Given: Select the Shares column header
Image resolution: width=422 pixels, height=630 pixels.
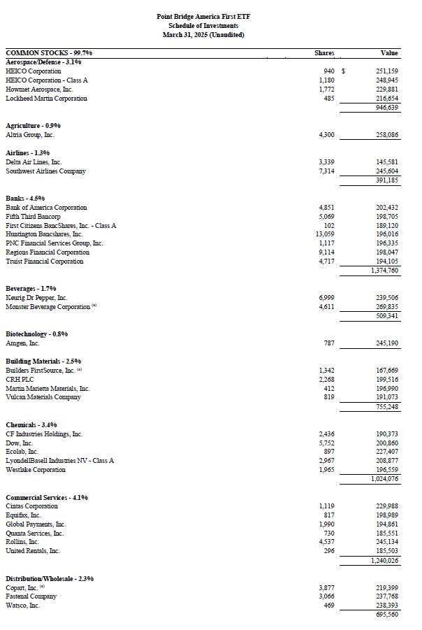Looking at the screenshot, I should [x=324, y=53].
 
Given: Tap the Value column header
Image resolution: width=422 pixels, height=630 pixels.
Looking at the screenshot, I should [x=389, y=53].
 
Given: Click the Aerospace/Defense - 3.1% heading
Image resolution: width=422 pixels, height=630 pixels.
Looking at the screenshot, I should [x=38, y=62].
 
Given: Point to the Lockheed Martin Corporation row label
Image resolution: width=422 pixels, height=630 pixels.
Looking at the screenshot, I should [x=46, y=99].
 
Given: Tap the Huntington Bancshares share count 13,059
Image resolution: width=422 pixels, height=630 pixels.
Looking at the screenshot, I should [x=325, y=234].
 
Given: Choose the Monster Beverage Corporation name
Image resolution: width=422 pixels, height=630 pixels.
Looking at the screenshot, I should [x=48, y=307].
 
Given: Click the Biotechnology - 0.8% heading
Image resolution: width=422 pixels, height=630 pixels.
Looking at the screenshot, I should [x=37, y=334].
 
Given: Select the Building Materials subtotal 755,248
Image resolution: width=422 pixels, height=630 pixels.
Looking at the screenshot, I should [x=386, y=407].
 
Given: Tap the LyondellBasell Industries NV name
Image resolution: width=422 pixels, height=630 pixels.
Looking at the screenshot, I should [x=59, y=461].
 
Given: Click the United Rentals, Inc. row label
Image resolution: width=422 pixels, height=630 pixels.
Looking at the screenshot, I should [x=32, y=551].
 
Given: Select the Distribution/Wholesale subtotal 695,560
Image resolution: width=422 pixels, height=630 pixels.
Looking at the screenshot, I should [x=386, y=615].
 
